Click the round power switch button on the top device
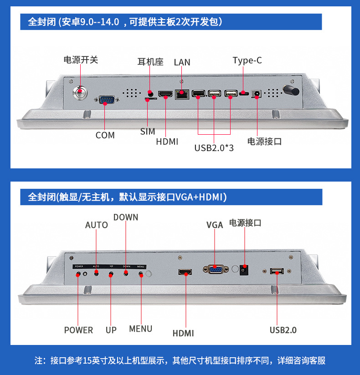tap(81, 91)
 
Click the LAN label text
tap(182, 62)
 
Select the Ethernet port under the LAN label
tap(182, 95)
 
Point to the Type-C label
tap(247, 61)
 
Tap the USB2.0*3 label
tap(214, 147)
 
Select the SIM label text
tap(147, 132)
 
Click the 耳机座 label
tap(150, 62)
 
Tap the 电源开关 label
tap(80, 60)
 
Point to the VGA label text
tap(214, 225)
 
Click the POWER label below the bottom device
tap(78, 330)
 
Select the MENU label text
tap(140, 329)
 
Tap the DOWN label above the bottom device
tap(125, 217)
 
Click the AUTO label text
tap(96, 225)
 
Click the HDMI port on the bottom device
tap(185, 272)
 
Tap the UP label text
tap(111, 330)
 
